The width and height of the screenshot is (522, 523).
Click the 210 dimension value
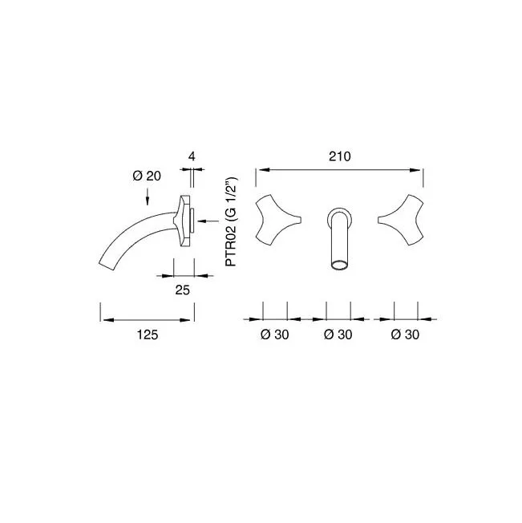[340, 156]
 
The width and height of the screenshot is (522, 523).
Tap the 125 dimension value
[148, 334]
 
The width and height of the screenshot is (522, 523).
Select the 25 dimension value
[182, 290]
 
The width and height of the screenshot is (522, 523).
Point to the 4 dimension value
[192, 156]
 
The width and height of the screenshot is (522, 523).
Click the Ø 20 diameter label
[147, 176]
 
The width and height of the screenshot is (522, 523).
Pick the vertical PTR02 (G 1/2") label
[231, 221]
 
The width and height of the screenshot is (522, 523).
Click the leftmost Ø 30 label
[275, 334]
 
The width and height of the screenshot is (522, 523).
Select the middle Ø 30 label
[338, 334]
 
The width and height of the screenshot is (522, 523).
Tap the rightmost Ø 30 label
[405, 334]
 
